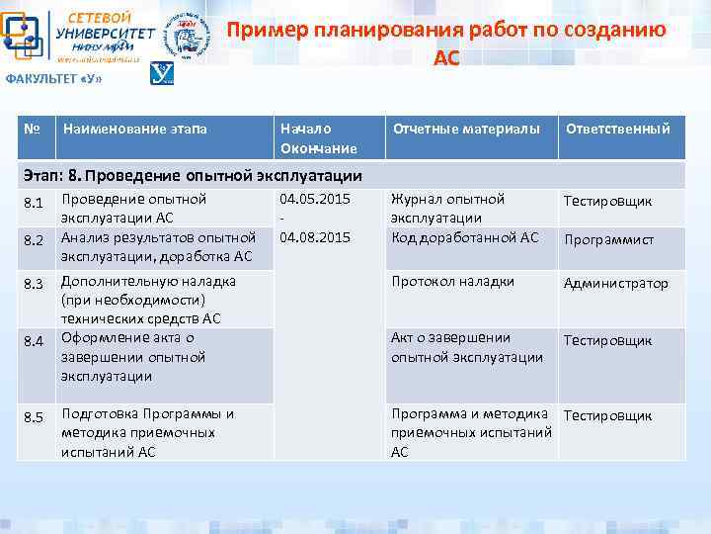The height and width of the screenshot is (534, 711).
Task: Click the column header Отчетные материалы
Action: point(466,129)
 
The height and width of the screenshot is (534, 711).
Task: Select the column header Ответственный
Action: point(617,129)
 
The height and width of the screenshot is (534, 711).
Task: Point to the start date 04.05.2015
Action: point(315,199)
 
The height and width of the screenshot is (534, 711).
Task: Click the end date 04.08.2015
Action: point(315,237)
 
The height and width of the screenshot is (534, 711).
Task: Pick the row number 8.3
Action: point(33,284)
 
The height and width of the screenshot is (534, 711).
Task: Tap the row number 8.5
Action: point(33,417)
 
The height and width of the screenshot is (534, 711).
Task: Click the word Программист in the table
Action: point(608,239)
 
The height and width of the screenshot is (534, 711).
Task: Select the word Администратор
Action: point(615,284)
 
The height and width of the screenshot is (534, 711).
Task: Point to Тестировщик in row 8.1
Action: point(607,202)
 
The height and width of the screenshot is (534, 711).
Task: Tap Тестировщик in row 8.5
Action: point(607,415)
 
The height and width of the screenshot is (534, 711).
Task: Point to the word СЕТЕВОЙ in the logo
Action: point(99,17)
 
